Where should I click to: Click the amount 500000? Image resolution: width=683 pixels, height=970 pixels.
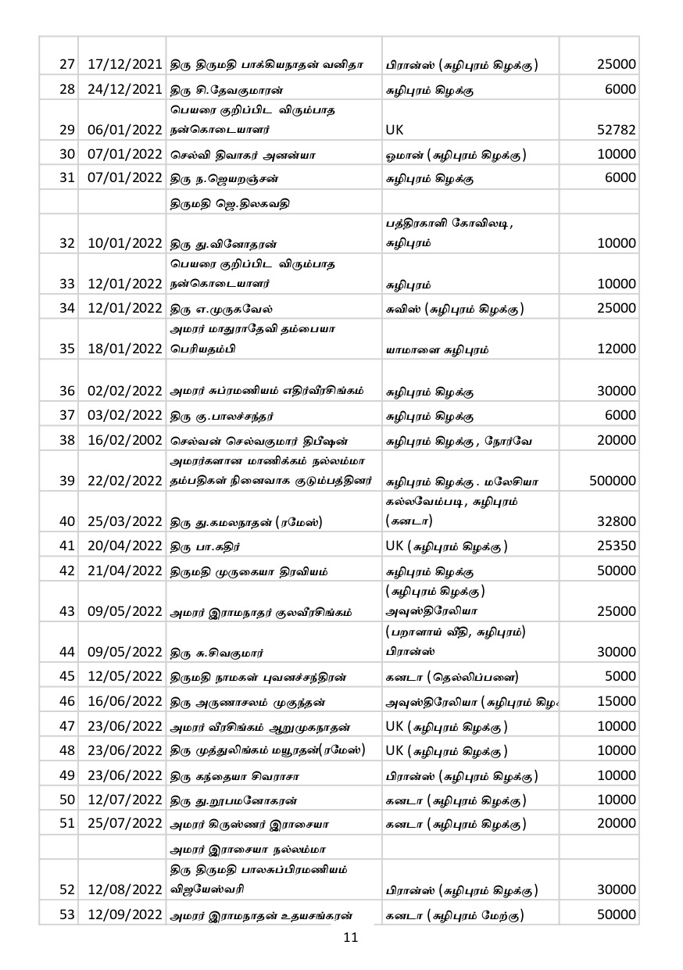click(x=613, y=481)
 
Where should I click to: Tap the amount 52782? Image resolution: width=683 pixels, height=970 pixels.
click(x=617, y=130)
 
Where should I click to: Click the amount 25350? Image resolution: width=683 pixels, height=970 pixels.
click(x=617, y=546)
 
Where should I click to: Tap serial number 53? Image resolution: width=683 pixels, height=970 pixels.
click(x=67, y=915)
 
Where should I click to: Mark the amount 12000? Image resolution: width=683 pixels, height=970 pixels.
click(x=617, y=349)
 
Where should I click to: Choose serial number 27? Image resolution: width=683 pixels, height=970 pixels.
click(x=67, y=64)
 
